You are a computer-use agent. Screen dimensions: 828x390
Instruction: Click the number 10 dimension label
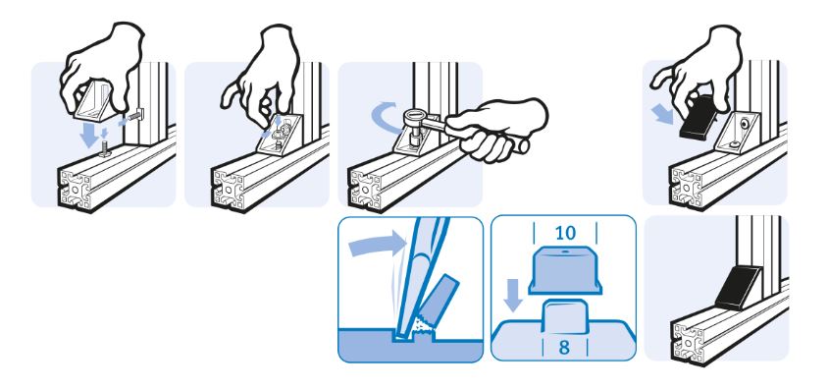(564, 233)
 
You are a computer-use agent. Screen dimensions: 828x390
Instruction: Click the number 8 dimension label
(564, 349)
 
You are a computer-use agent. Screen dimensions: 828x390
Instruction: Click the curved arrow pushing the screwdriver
(376, 245)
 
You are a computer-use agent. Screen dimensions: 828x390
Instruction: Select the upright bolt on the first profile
(106, 149)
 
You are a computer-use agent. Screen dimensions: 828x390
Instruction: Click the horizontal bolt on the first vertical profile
(136, 113)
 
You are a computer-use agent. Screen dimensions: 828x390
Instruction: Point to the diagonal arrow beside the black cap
(663, 114)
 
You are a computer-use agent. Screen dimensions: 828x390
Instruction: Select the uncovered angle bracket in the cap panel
(739, 132)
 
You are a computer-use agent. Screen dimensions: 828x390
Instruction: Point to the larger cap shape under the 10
(564, 269)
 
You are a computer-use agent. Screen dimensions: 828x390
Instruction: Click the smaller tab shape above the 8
(564, 316)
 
